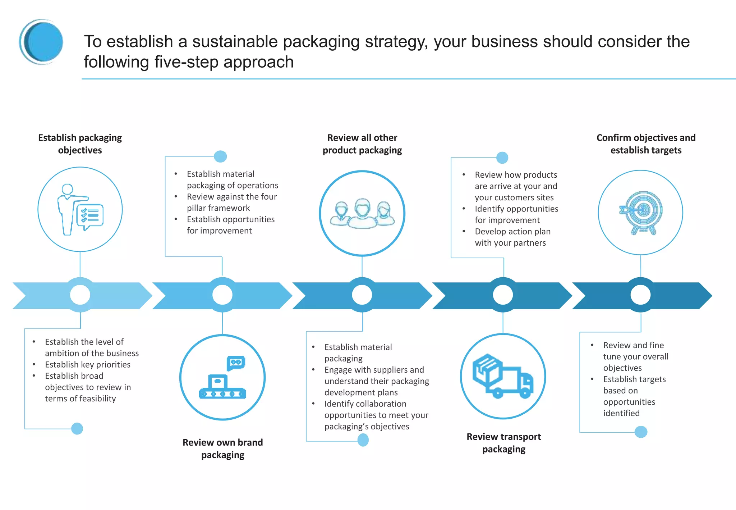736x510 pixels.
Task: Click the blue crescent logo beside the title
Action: tap(41, 42)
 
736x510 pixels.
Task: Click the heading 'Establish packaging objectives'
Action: tap(80, 144)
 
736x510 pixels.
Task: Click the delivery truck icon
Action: tap(503, 376)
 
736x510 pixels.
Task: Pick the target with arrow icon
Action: tap(640, 213)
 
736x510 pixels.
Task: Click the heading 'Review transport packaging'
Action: tap(503, 443)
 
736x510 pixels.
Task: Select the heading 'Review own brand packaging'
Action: tap(222, 448)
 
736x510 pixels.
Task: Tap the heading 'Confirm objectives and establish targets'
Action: tap(646, 144)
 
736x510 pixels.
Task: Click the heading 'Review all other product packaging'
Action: tap(362, 144)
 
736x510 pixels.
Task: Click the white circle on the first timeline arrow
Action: tap(80, 295)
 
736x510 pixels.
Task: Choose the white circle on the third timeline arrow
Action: tap(362, 295)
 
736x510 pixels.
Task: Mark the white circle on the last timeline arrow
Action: tap(640, 295)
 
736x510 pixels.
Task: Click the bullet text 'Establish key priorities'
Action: tap(87, 364)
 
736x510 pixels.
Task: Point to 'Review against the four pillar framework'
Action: tap(231, 202)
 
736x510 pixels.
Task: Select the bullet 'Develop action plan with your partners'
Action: tap(512, 237)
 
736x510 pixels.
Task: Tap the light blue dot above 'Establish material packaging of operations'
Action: tap(220, 156)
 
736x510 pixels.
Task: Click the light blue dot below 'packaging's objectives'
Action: tap(363, 440)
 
